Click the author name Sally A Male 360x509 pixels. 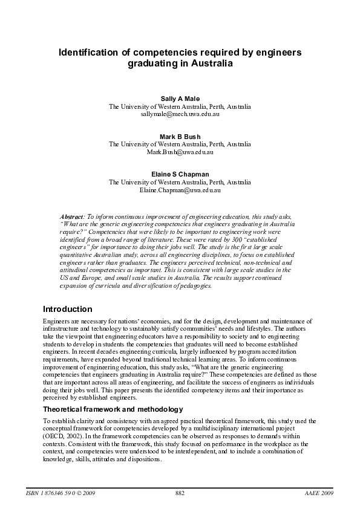point(180,98)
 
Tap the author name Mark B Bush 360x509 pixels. point(180,136)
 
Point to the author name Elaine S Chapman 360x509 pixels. point(180,174)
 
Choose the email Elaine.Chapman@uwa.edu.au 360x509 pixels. point(180,190)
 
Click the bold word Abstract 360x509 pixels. point(72,216)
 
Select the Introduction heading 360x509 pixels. point(67,309)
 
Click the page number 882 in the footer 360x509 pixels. point(180,493)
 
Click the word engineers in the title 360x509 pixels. point(278,53)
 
